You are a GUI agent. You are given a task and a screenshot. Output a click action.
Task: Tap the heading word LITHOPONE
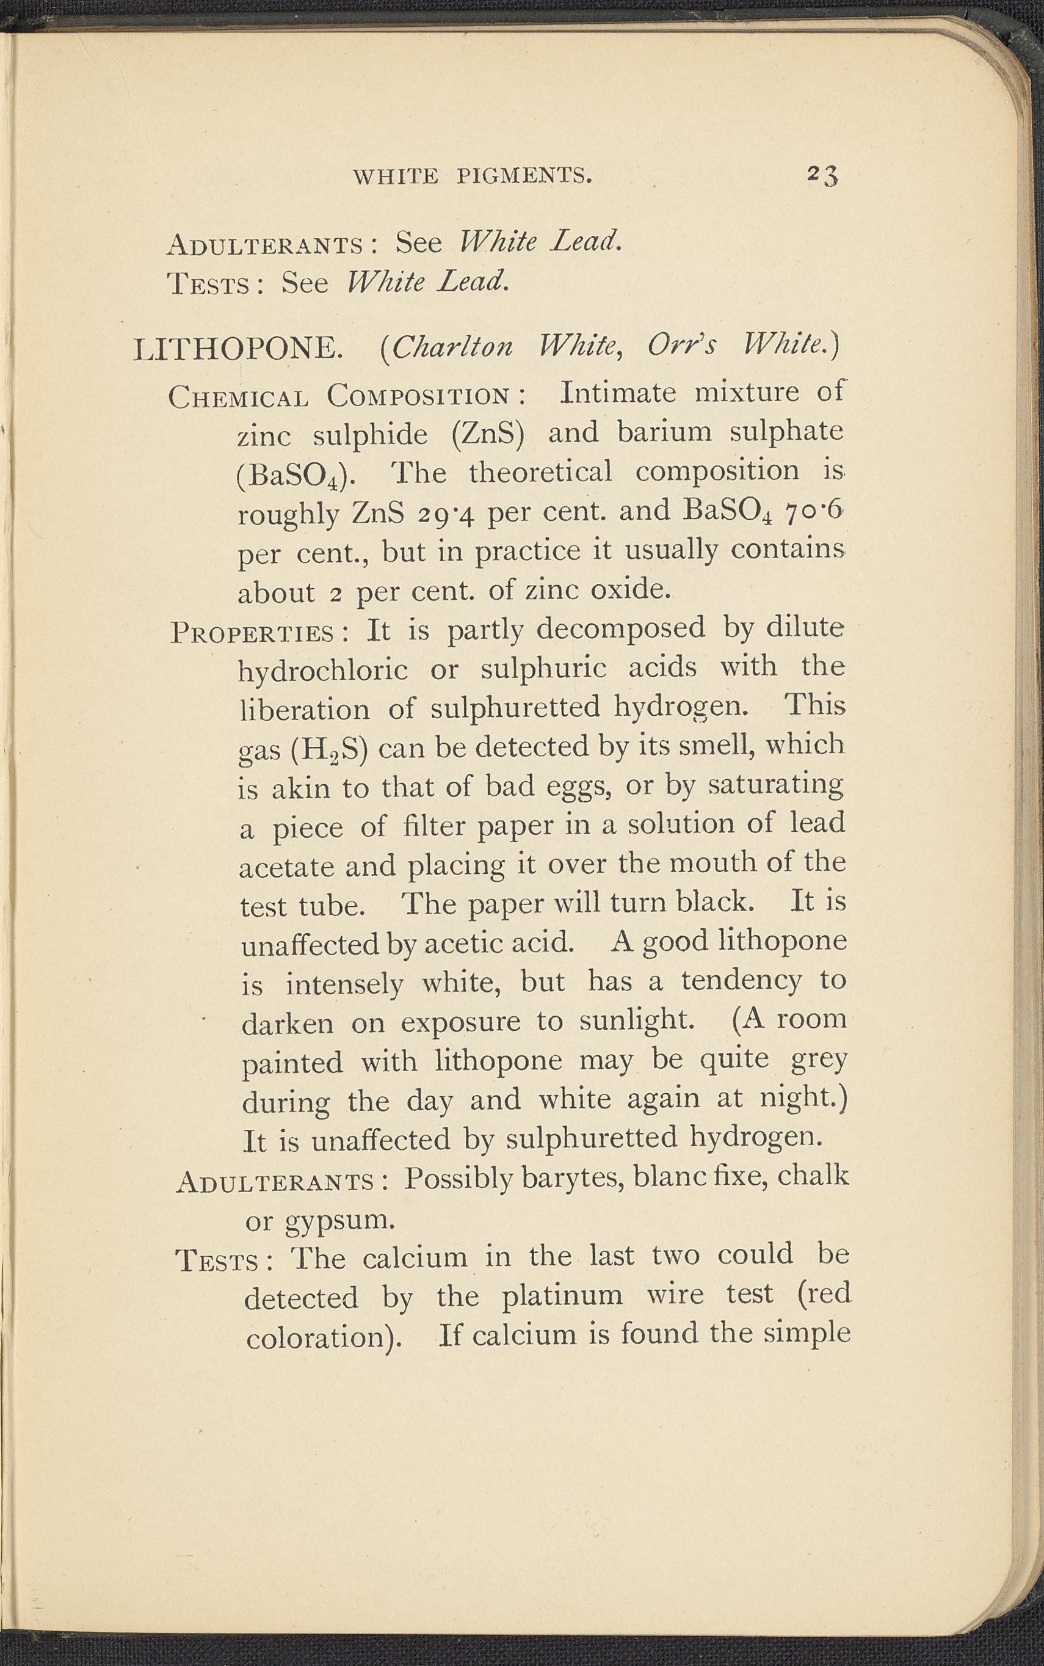pyautogui.click(x=238, y=349)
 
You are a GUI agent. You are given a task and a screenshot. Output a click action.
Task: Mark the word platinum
pyautogui.click(x=562, y=1295)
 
